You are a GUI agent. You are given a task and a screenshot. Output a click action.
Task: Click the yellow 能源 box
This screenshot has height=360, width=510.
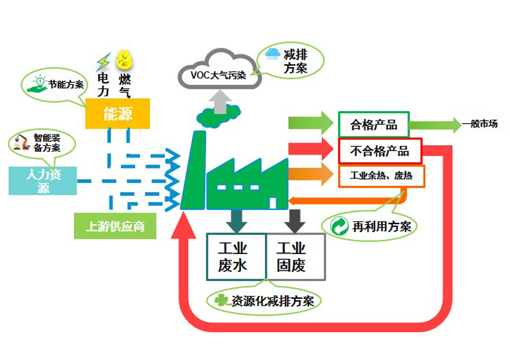[x=118, y=113]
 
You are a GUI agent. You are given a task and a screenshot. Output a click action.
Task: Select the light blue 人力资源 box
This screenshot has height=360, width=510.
[x=42, y=180]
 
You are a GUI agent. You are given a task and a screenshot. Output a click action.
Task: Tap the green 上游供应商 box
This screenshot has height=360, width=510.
[x=114, y=226]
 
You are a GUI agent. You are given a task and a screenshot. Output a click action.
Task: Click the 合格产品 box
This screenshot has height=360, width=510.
[x=373, y=124]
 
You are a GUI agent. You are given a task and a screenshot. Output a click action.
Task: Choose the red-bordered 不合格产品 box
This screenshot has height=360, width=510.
[x=380, y=151]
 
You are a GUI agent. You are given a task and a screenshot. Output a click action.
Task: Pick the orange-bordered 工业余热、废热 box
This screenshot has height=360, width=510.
[x=381, y=176]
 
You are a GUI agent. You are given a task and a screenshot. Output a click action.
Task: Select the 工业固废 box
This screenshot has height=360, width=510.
[x=295, y=256]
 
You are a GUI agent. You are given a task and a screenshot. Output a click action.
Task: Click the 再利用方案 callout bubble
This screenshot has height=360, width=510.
[x=374, y=226]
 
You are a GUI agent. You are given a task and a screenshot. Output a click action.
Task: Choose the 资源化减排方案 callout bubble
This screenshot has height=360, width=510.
[x=264, y=300]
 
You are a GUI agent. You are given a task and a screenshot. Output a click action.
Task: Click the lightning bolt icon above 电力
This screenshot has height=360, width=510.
[x=103, y=61]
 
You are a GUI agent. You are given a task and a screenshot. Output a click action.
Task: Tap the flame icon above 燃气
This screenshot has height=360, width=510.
[x=124, y=60]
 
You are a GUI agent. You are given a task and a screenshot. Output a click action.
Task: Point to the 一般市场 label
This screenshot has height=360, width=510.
[x=479, y=123]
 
